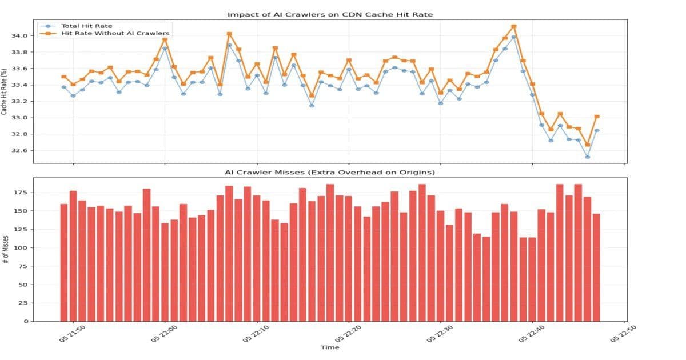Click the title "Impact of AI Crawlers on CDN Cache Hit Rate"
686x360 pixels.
pyautogui.click(x=330, y=14)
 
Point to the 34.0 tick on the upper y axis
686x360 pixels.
pyautogui.click(x=19, y=36)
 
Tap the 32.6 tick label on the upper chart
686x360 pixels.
pyautogui.click(x=19, y=151)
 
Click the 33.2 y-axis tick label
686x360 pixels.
pyautogui.click(x=19, y=102)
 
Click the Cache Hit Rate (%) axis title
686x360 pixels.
pyautogui.click(x=5, y=91)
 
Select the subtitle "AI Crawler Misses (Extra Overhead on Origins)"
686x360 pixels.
pyautogui.click(x=330, y=173)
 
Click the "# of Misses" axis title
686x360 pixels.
pyautogui.click(x=5, y=249)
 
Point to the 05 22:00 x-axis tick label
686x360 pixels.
pyautogui.click(x=164, y=334)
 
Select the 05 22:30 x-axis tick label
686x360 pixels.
pyautogui.click(x=440, y=334)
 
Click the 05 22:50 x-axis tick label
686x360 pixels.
pyautogui.click(x=623, y=334)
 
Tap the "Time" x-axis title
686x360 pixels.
pyautogui.click(x=330, y=347)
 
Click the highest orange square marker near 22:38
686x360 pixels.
pyautogui.click(x=514, y=26)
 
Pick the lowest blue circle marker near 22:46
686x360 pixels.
pyautogui.click(x=588, y=157)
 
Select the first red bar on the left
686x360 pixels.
pyautogui.click(x=64, y=262)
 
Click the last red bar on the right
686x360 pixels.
pyautogui.click(x=597, y=267)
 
